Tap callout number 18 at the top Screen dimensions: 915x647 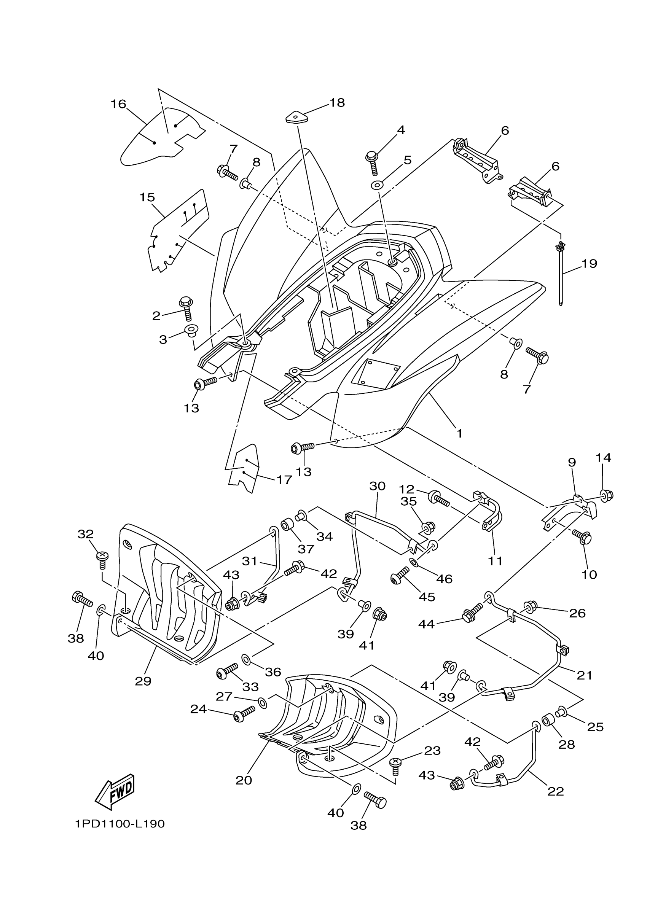(337, 103)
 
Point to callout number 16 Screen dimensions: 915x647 (118, 104)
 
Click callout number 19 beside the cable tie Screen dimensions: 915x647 (589, 263)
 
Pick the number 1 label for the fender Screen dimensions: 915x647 (459, 433)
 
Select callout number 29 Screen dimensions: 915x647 (143, 681)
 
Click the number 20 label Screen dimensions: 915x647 (244, 780)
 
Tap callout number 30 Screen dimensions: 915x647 (377, 486)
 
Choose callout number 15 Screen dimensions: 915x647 (147, 197)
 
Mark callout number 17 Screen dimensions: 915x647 (284, 479)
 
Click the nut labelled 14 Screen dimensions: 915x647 (606, 496)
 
